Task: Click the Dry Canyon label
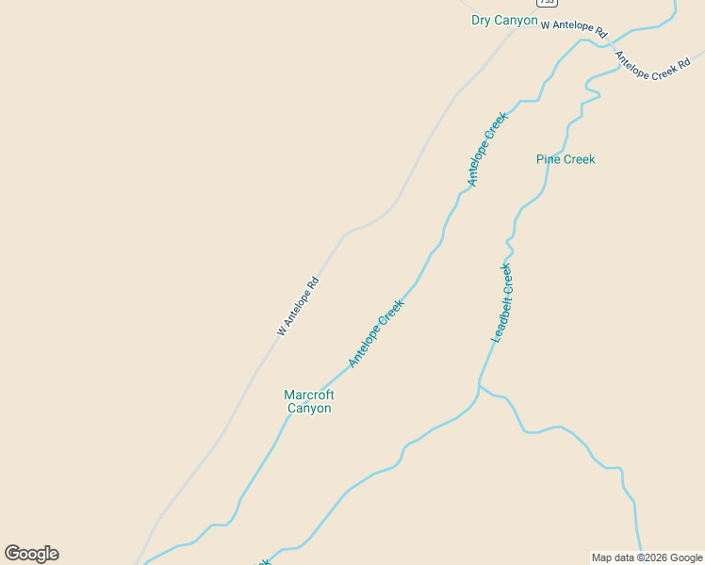coord(504,21)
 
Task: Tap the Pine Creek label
coord(566,159)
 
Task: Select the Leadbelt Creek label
coord(502,303)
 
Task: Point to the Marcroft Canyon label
coord(309,401)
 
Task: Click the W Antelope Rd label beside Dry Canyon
coord(574,28)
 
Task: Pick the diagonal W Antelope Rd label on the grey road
coord(298,306)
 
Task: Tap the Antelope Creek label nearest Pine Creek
coord(487,149)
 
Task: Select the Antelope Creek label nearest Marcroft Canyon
coord(376,333)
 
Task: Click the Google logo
coord(32,554)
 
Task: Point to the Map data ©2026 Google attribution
coord(648,557)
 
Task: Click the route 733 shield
coord(547,3)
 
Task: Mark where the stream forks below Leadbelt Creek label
coord(479,385)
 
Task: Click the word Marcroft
coord(309,395)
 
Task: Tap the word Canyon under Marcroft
coord(309,409)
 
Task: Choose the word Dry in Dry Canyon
coord(482,21)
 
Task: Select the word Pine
coord(549,159)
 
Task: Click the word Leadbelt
coord(500,315)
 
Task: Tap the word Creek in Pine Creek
coord(580,159)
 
